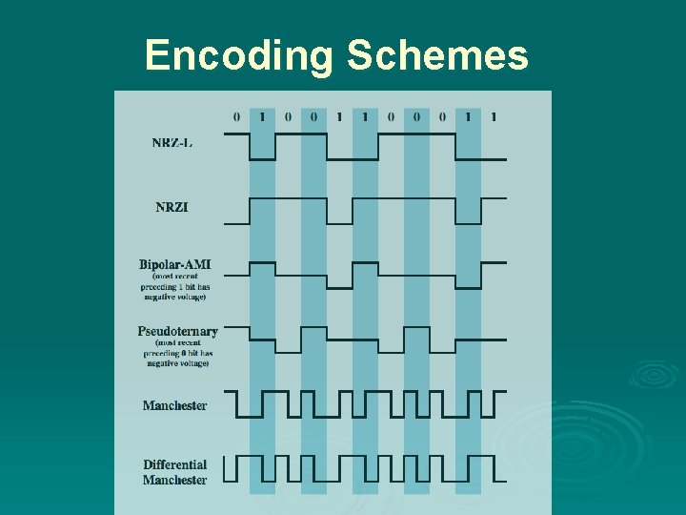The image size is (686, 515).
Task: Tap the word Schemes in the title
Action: pyautogui.click(x=437, y=55)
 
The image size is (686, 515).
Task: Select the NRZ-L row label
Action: pyautogui.click(x=172, y=143)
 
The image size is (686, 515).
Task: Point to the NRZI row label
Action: pyautogui.click(x=172, y=208)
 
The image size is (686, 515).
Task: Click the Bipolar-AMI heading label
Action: pyautogui.click(x=174, y=264)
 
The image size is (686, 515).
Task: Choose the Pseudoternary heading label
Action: pyautogui.click(x=177, y=332)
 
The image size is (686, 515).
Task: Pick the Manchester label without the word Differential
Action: pyautogui.click(x=174, y=405)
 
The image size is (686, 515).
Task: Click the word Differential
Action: pyautogui.click(x=174, y=465)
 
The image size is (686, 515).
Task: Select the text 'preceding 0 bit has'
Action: pyautogui.click(x=177, y=354)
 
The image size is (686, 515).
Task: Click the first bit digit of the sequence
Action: pyautogui.click(x=237, y=117)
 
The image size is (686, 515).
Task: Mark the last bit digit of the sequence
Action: pyautogui.click(x=494, y=117)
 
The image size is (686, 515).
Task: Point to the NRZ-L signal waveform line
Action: pyautogui.click(x=353, y=134)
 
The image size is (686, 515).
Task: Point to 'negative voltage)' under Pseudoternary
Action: pyautogui.click(x=177, y=364)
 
